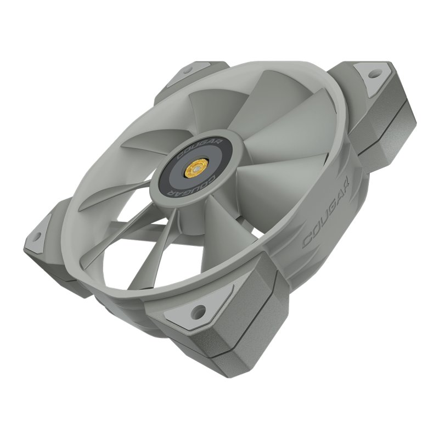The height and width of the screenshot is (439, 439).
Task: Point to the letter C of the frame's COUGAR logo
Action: pos(308,241)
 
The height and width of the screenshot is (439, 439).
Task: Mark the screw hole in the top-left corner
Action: pos(187,70)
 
